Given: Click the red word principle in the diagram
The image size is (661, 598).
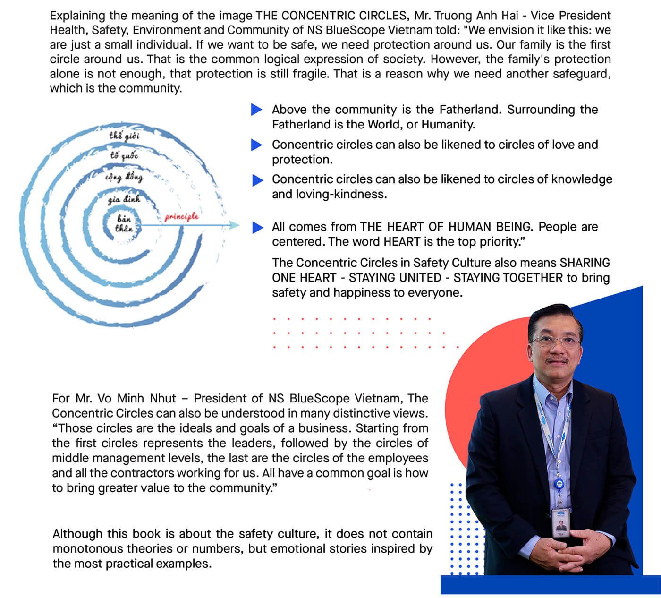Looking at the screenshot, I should coord(182,217).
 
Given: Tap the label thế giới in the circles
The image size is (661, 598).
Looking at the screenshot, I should coord(124,136).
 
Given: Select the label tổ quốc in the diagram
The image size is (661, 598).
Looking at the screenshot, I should coord(124,155).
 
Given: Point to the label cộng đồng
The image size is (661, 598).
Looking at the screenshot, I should coord(124,177).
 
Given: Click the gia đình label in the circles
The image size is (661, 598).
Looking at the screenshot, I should coord(124,199).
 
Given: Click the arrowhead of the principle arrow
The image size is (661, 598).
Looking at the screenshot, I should coord(235,226).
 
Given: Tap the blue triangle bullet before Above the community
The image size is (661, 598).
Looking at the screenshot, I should coord(256,110).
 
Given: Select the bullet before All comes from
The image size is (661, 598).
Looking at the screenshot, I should coord(257,228).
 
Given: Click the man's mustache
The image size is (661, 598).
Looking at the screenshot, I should coord(558,360).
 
